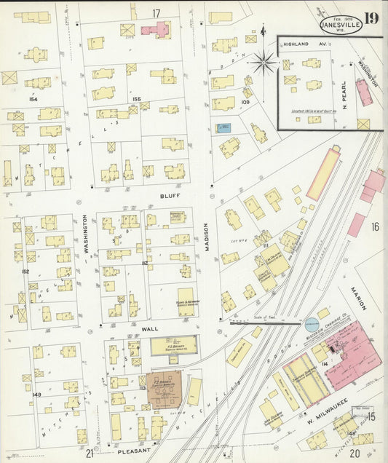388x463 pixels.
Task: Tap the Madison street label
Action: click(207, 237)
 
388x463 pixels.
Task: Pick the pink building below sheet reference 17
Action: click(155, 30)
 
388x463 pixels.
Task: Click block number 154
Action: click(32, 98)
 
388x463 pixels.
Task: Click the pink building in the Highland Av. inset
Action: click(363, 92)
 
